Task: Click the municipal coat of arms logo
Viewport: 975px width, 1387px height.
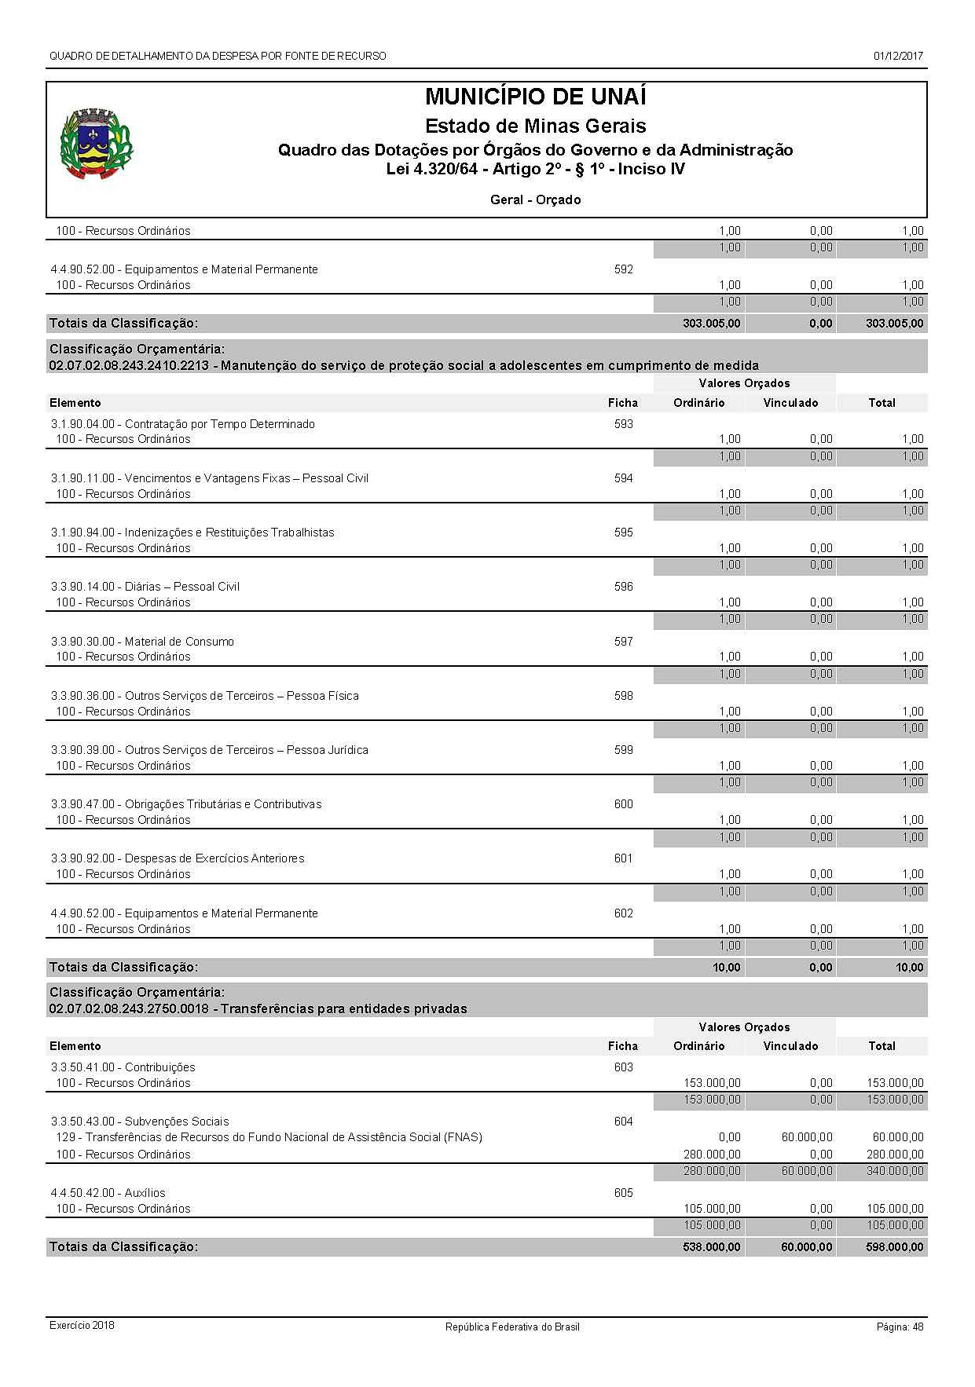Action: click(x=97, y=145)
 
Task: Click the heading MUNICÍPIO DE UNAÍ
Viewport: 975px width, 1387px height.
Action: click(x=535, y=97)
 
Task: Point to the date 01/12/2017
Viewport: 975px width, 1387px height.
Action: click(x=898, y=56)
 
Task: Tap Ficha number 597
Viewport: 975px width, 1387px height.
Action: click(x=623, y=642)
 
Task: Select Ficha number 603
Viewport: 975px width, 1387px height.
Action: click(x=623, y=1067)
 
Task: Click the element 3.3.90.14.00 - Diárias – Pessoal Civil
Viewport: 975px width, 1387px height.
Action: click(x=145, y=587)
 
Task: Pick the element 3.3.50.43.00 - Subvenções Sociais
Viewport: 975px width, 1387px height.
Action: click(x=140, y=1122)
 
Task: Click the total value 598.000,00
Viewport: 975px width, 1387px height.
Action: click(x=894, y=1247)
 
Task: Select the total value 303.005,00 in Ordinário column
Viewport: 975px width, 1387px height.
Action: click(x=711, y=324)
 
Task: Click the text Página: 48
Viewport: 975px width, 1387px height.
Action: click(x=900, y=1327)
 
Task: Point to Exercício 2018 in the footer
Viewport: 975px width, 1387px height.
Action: click(x=82, y=1325)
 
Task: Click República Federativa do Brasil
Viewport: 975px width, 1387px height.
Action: click(x=512, y=1327)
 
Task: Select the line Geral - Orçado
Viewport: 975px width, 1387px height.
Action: click(x=535, y=200)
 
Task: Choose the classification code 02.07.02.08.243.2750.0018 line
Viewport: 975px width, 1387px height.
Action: click(x=258, y=1009)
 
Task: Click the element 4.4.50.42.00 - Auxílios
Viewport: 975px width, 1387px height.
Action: click(x=108, y=1193)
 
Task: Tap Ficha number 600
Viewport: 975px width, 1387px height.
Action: click(x=623, y=804)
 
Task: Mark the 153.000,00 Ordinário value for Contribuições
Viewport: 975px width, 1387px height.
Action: click(x=712, y=1083)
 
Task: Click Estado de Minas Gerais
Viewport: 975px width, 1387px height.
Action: click(x=535, y=126)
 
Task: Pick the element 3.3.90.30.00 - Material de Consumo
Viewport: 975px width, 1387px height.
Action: click(x=142, y=642)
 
